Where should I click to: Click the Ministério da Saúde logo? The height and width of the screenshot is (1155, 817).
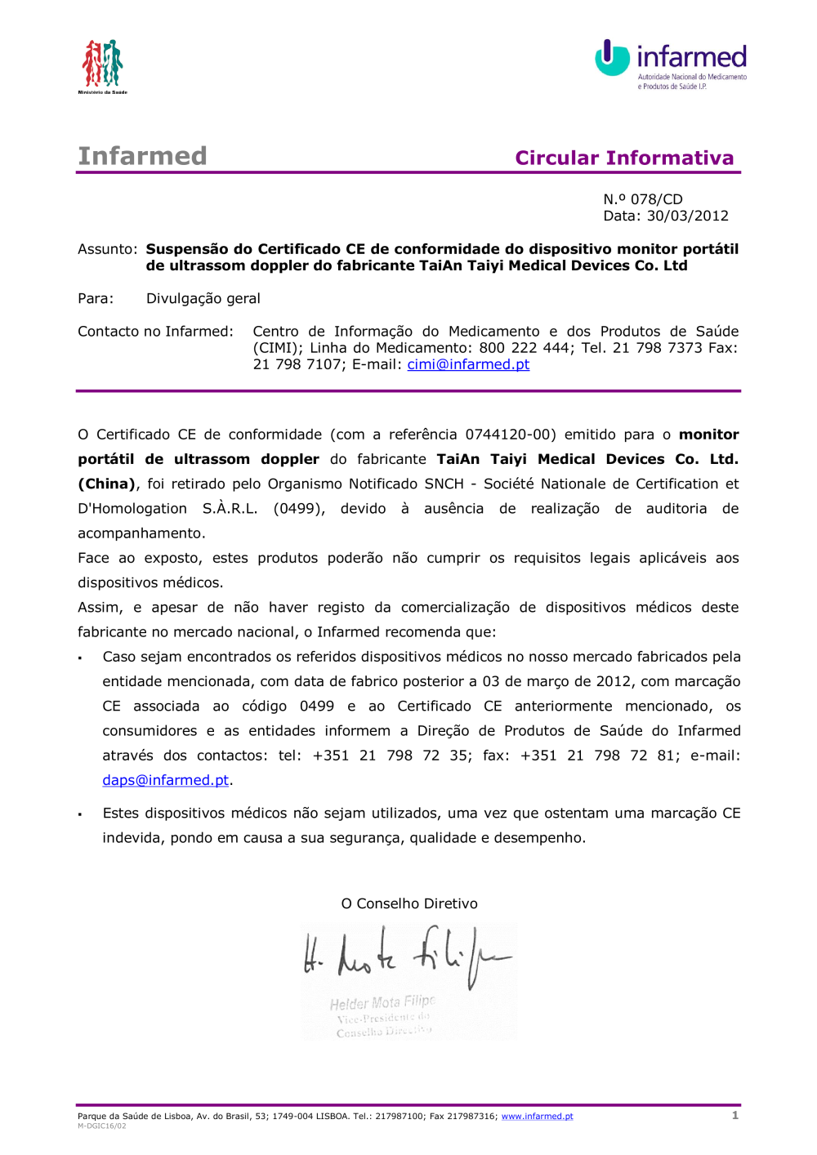coord(102,65)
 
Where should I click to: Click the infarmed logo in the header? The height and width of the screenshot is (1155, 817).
coord(671,63)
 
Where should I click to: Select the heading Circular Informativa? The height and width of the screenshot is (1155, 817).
coord(624,158)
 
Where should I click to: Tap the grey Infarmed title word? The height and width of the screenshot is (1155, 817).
coord(142,156)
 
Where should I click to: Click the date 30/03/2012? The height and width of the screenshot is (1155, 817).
coord(687,216)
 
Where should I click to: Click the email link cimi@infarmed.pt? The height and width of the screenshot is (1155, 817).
coord(468,364)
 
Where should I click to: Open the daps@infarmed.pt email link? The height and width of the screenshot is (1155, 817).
coord(165,780)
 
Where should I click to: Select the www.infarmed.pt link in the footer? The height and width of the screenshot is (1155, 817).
coord(537,1117)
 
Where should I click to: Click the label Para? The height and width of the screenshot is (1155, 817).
coord(96,299)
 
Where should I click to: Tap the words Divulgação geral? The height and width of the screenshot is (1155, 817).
coord(203,299)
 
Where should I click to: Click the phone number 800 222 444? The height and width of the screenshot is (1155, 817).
coord(525,348)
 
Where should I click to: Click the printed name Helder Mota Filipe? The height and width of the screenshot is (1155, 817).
coord(382,1002)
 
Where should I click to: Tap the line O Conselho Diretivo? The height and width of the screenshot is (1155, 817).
coord(409,903)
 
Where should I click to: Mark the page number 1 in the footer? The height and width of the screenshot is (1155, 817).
coord(735,1115)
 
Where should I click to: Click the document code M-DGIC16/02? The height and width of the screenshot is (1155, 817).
coord(102,1126)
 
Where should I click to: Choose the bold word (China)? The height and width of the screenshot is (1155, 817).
coord(106,484)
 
